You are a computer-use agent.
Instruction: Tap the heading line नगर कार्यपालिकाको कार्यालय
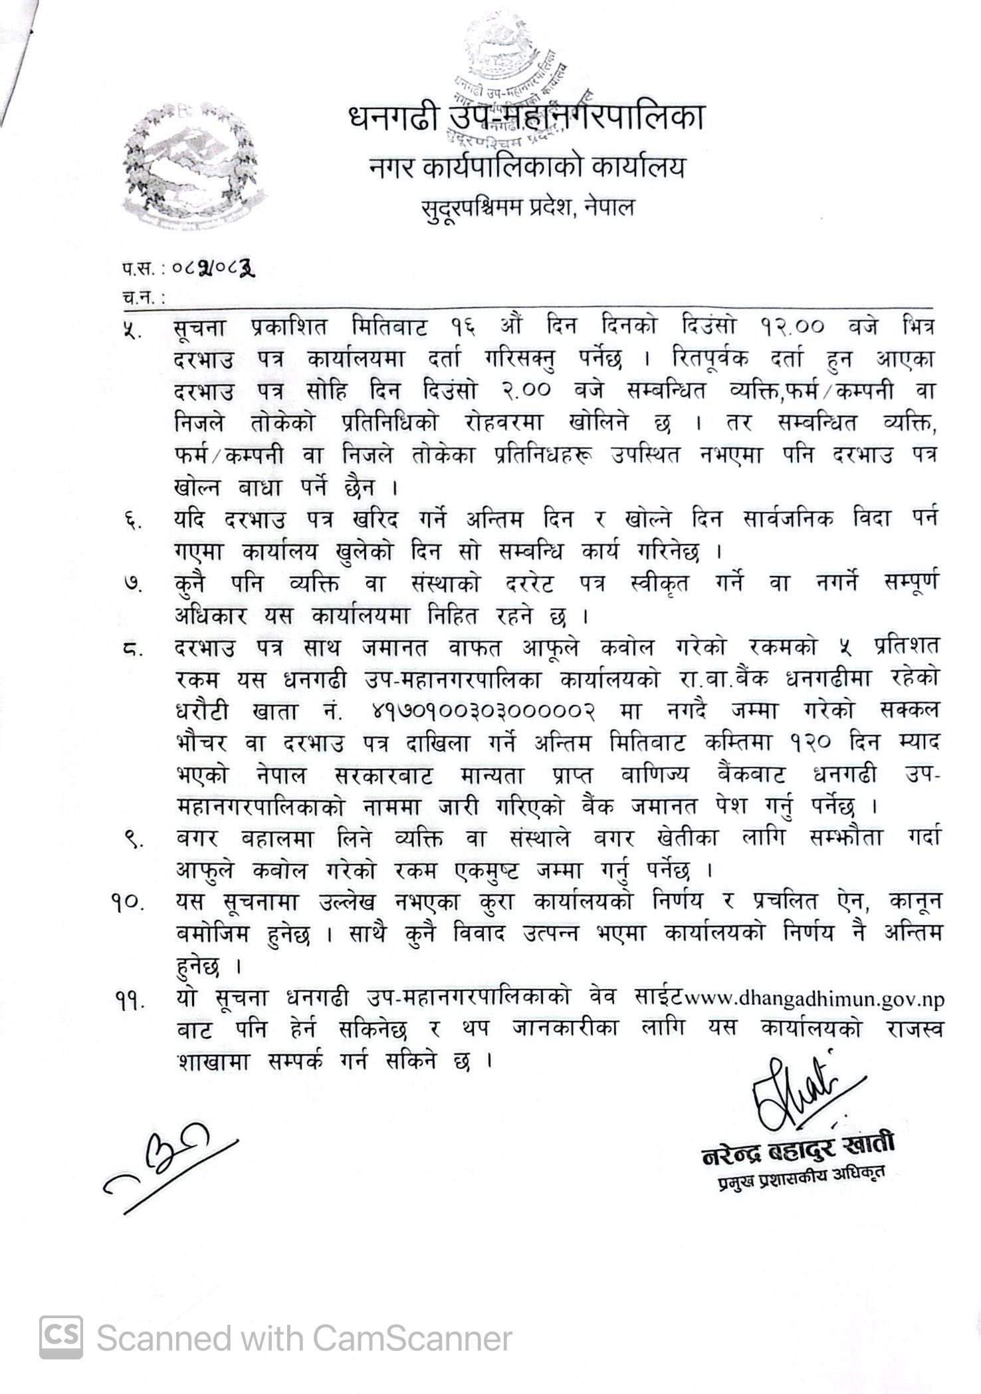point(527,167)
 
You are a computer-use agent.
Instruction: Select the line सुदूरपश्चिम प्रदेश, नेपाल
point(528,208)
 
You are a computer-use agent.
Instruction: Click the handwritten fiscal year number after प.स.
point(214,269)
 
